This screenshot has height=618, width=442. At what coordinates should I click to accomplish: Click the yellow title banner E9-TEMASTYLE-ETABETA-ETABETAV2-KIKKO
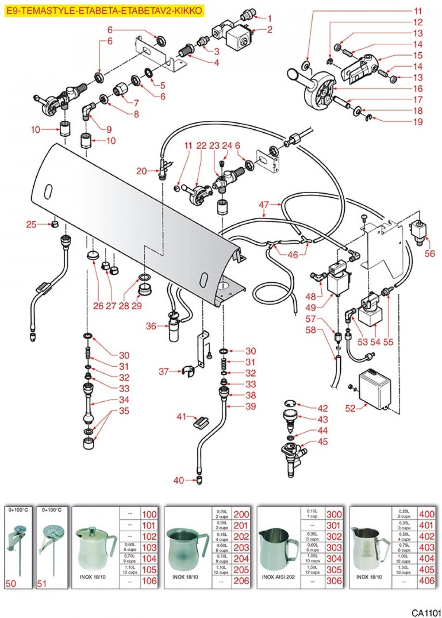click(x=105, y=11)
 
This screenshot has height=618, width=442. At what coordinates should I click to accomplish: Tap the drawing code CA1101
click(x=426, y=613)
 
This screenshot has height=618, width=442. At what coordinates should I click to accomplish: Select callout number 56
click(x=429, y=253)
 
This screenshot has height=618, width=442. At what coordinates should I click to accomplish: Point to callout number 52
click(x=350, y=408)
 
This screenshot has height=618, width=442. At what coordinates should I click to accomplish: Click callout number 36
click(x=151, y=326)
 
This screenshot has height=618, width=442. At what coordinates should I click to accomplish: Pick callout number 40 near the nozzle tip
click(x=178, y=480)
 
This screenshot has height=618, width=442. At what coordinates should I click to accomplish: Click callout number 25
click(x=31, y=225)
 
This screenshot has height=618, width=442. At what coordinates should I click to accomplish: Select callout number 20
click(x=141, y=171)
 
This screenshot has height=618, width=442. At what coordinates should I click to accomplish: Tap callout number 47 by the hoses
click(x=264, y=204)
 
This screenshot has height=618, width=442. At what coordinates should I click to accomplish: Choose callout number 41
click(x=182, y=417)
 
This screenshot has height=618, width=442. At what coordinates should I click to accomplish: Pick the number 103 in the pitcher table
click(x=149, y=548)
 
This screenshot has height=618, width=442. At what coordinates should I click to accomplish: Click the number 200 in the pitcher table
click(x=241, y=514)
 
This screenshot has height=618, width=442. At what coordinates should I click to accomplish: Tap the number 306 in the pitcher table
click(x=334, y=581)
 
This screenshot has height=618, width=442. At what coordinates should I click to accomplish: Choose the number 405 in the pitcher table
click(x=427, y=570)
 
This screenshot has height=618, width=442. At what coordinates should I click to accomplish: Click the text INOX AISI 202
click(x=278, y=577)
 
